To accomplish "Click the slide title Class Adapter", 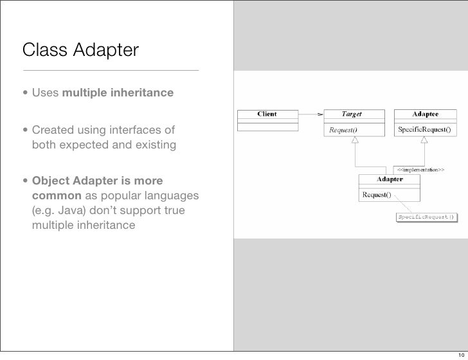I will [80, 49].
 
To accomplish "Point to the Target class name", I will [351, 114].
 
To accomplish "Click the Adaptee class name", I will [425, 114].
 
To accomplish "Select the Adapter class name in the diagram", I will [389, 179].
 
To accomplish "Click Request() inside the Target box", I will [344, 130].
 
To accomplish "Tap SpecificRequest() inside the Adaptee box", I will [425, 130].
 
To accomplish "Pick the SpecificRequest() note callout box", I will [426, 217].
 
